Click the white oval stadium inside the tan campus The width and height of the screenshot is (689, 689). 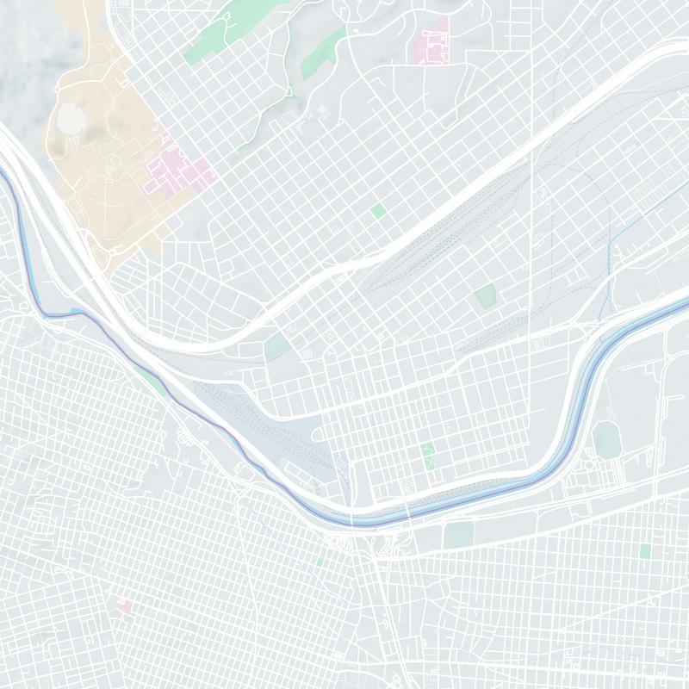[x=71, y=121]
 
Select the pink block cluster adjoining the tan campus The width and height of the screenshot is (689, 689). [x=181, y=172]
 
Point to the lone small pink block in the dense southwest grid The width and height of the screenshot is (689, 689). [x=125, y=606]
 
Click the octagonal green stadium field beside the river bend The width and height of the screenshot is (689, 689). [x=606, y=439]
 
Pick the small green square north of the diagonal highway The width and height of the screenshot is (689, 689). [x=378, y=210]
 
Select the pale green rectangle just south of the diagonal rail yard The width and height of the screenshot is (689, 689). [x=485, y=297]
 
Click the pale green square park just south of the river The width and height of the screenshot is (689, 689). [x=459, y=535]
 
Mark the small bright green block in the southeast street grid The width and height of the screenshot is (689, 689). [x=645, y=550]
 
